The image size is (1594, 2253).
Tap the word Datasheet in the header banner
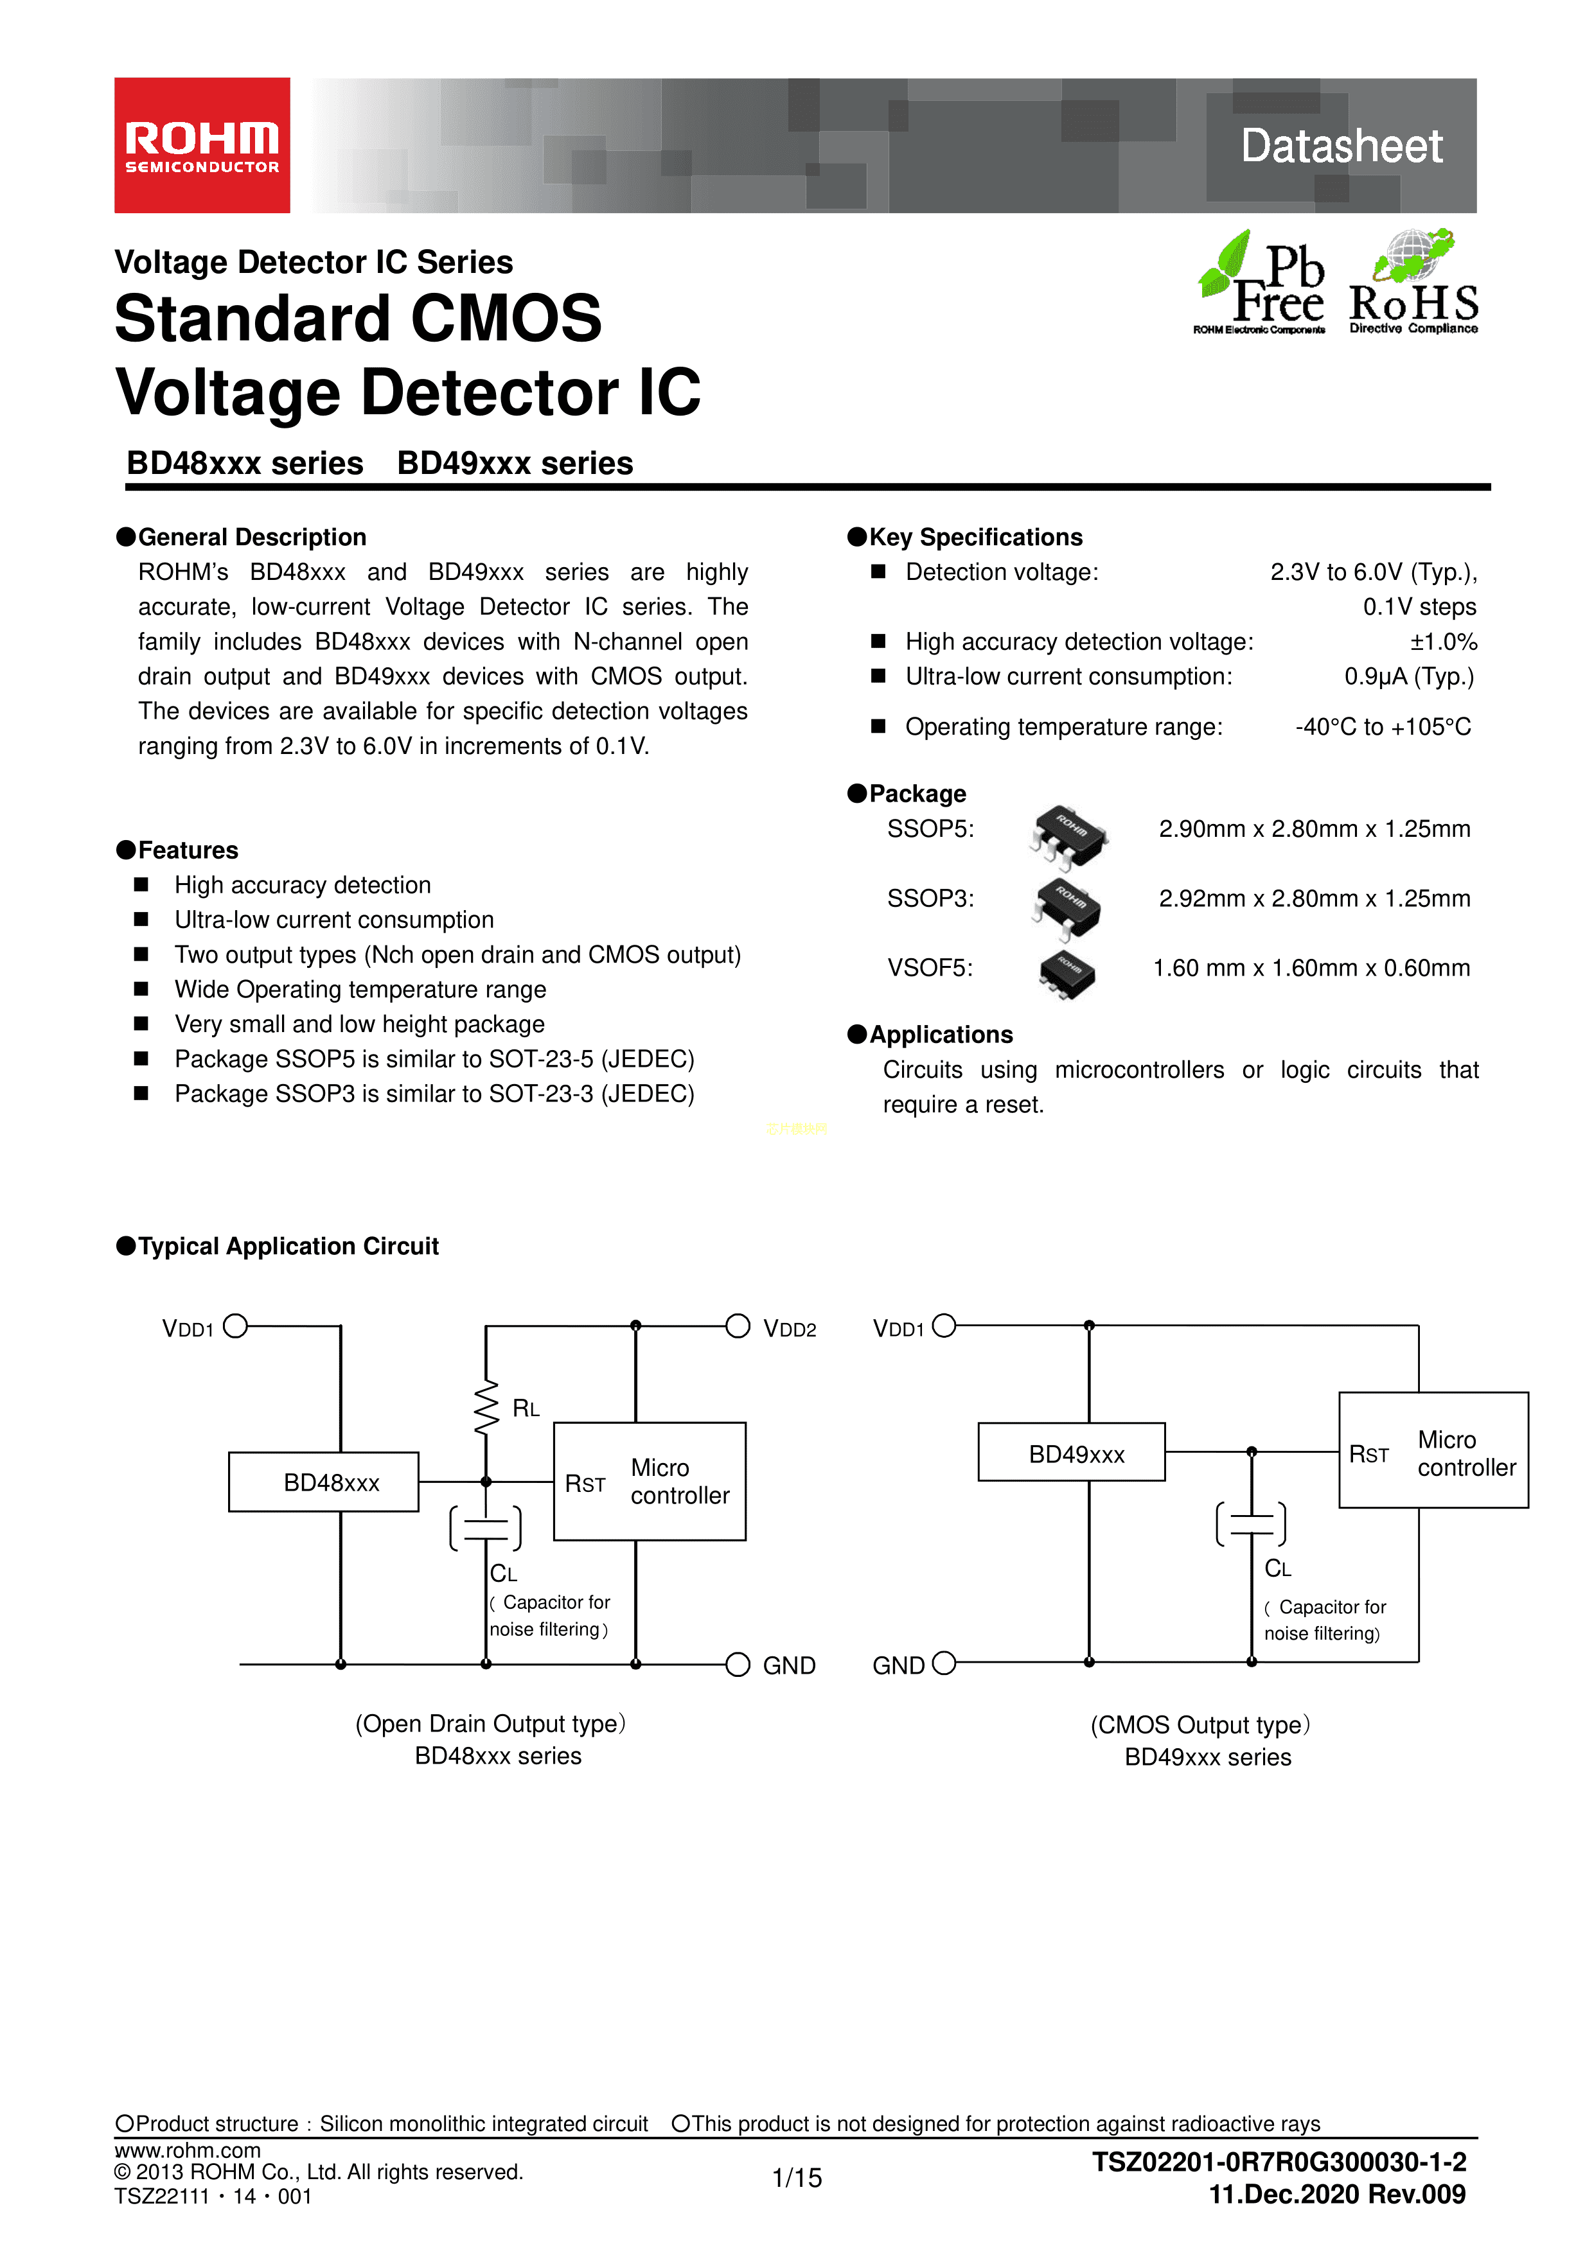click(x=1341, y=146)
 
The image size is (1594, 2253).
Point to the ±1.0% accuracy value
click(x=1443, y=642)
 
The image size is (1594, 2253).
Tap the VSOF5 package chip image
click(x=1067, y=974)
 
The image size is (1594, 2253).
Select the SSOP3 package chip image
click(x=1068, y=906)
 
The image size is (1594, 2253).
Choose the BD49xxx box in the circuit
click(x=1071, y=1452)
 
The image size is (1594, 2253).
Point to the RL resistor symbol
click(x=486, y=1408)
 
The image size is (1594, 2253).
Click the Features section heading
click(x=188, y=850)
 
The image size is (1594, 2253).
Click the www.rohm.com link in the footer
click(x=188, y=2149)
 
